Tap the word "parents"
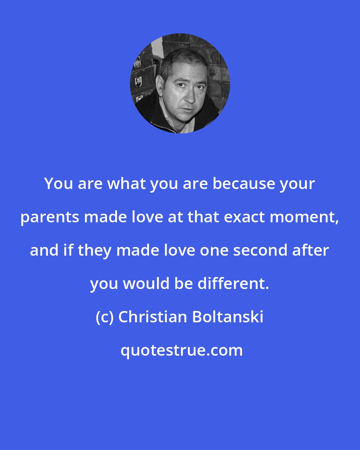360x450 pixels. pos(50,217)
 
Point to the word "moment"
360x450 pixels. pos(304,217)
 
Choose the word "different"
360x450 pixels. pos(233,284)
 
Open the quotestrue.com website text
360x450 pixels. pos(182,350)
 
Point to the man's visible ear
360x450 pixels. pos(159,87)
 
